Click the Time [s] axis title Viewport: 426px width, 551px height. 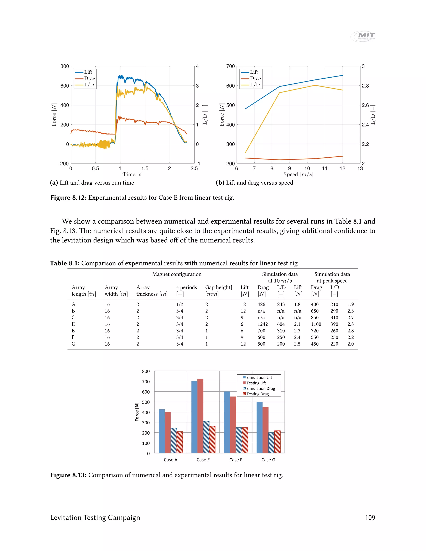pos(133,174)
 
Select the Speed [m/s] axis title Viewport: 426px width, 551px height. pos(298,174)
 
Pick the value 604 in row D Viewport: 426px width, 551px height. pos(281,324)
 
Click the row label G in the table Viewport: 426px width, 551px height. pos(73,344)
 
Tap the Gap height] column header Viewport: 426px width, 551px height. pos(219,287)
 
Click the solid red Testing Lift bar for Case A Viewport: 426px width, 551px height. pos(168,432)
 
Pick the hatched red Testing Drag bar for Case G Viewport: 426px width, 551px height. pos(277,442)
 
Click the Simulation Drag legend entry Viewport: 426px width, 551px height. pos(260,389)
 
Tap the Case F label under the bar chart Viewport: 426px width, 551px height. pos(236,460)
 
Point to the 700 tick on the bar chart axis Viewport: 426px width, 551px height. pos(146,382)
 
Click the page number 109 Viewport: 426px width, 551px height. pos(370,518)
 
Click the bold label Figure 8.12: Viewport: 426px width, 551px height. pos(68,198)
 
